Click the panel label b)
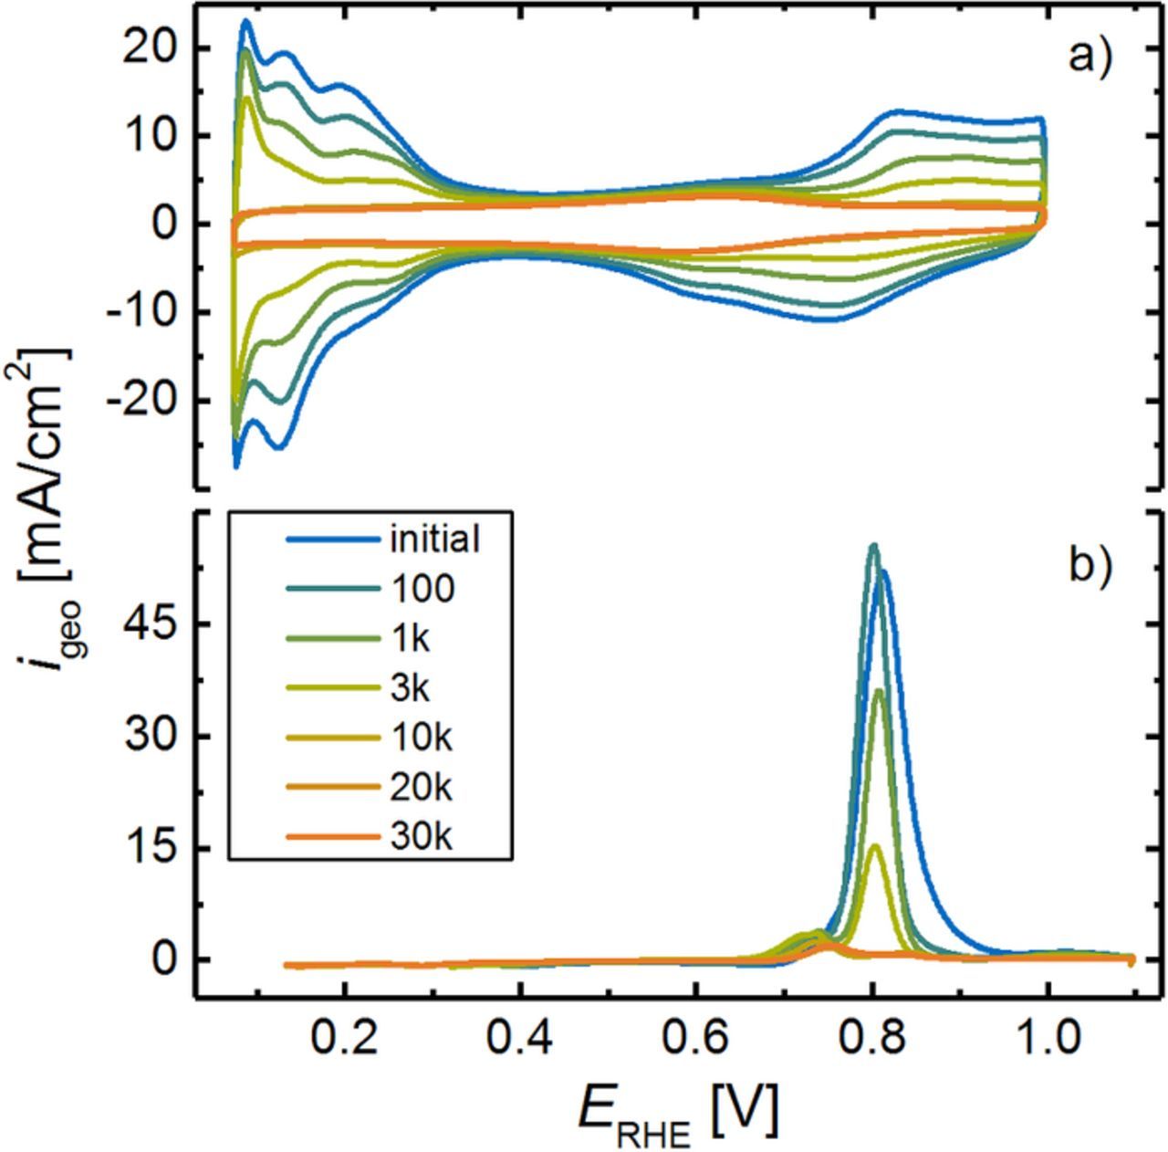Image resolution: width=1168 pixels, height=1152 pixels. coord(1090,566)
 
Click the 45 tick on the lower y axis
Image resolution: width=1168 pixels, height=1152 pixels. coord(155,624)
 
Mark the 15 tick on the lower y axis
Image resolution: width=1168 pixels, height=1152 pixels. coord(155,848)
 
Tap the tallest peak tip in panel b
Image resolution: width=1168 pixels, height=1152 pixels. coord(873,545)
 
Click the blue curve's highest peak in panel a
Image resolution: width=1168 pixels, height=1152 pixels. coord(245,20)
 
